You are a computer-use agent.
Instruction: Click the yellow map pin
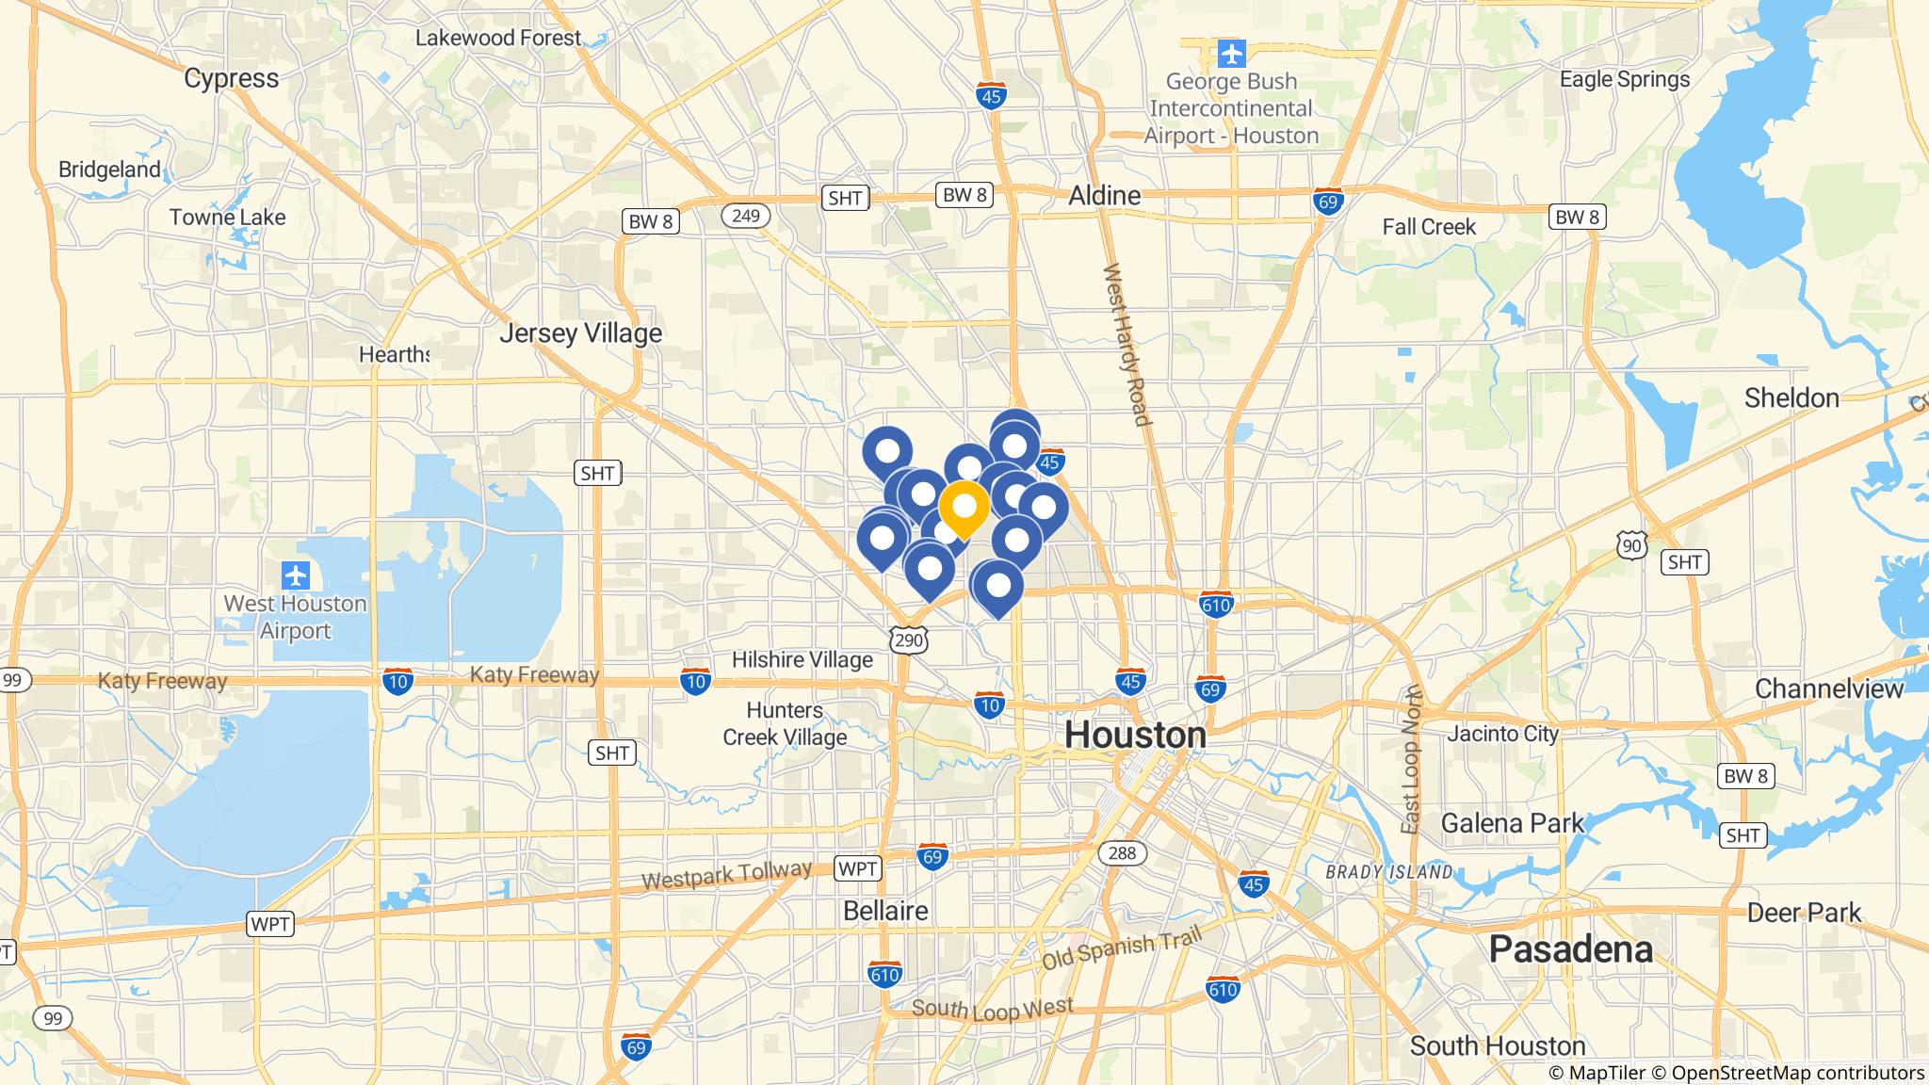pos(964,507)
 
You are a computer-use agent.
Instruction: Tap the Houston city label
pos(1135,735)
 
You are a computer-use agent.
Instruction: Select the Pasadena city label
pos(1570,949)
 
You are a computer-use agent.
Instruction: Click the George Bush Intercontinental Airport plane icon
pos(1231,54)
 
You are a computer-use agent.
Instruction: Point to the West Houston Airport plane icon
pos(296,575)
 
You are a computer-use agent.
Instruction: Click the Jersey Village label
pos(580,333)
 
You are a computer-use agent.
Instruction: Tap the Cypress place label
pos(231,78)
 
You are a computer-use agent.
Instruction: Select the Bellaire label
pos(884,911)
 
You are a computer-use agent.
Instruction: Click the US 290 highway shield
pos(910,640)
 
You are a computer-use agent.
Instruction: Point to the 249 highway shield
pos(745,217)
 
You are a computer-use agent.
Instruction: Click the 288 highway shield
pos(1122,853)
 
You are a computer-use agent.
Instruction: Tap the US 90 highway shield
pos(1632,544)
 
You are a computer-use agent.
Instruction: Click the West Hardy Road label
pos(1126,344)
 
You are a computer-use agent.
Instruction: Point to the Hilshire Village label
pos(802,659)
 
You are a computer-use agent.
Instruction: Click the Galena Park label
pos(1513,823)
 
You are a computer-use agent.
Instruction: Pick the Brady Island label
pos(1388,872)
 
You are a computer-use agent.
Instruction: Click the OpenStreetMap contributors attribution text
pos(1796,1073)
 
